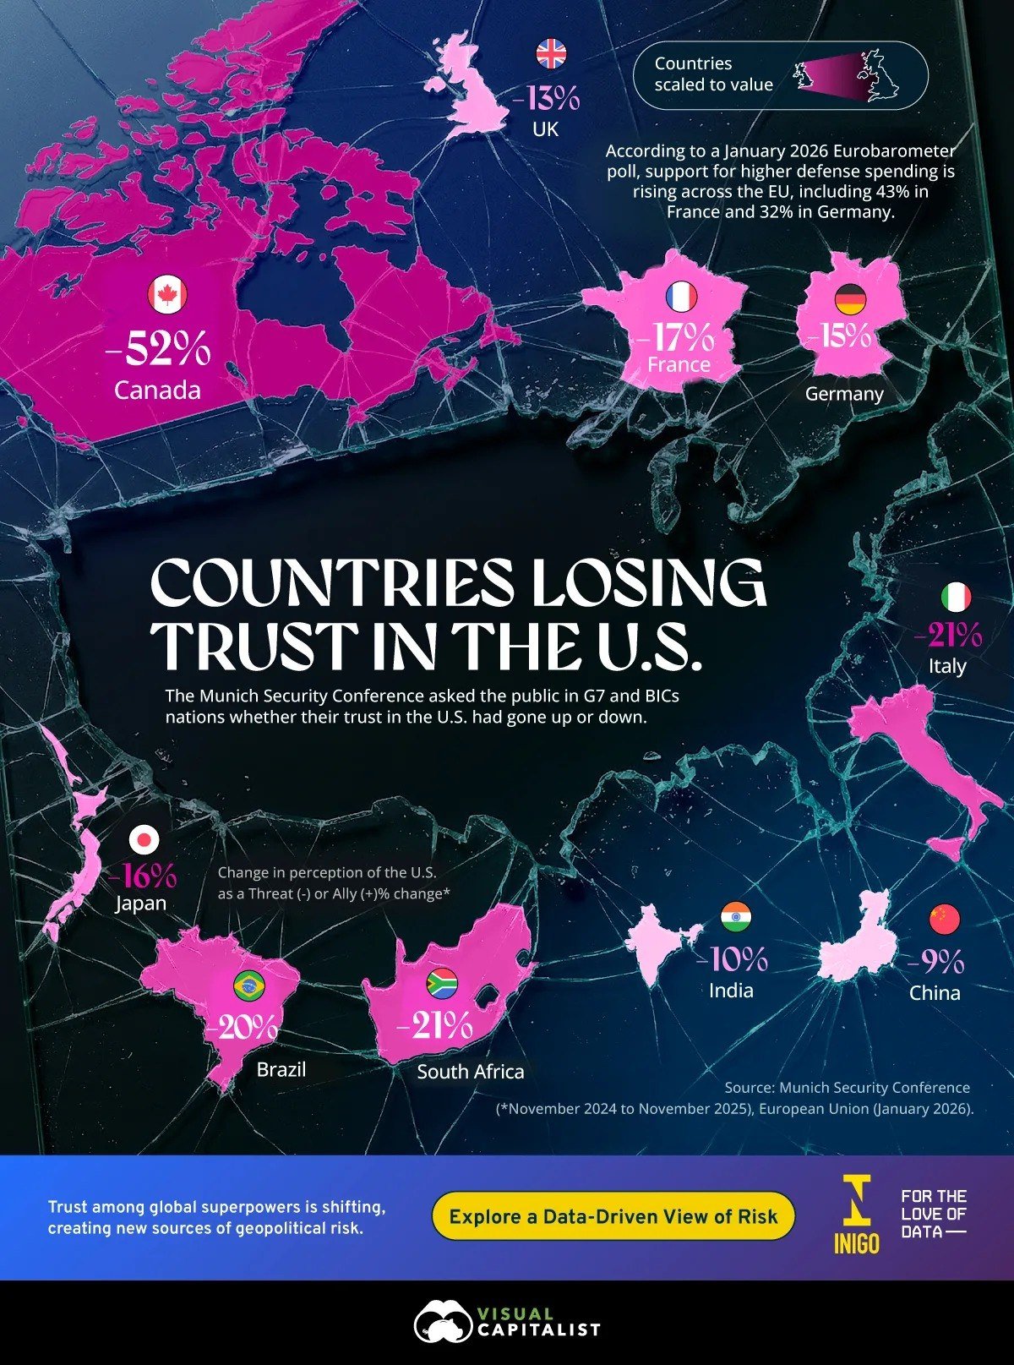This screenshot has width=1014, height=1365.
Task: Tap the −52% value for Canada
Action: [159, 349]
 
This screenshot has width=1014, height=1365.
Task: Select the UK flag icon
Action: [551, 55]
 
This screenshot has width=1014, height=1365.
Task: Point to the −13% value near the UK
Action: [547, 99]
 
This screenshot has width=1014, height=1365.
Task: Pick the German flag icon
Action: [850, 298]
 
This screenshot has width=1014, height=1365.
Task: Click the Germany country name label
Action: [844, 394]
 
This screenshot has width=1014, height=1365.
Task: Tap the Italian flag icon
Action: [956, 598]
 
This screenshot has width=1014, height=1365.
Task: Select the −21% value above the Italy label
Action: [949, 634]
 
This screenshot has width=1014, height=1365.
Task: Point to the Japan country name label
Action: [140, 903]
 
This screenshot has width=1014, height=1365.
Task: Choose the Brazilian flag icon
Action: [248, 984]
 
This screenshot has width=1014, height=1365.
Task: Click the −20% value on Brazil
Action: [243, 1027]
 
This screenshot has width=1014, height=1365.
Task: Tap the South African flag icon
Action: [441, 981]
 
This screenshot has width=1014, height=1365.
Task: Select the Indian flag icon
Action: [736, 917]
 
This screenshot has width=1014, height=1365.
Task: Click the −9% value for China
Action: [936, 961]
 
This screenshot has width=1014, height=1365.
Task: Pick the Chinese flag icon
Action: [944, 918]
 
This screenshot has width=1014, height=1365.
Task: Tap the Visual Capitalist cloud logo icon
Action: [442, 1323]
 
